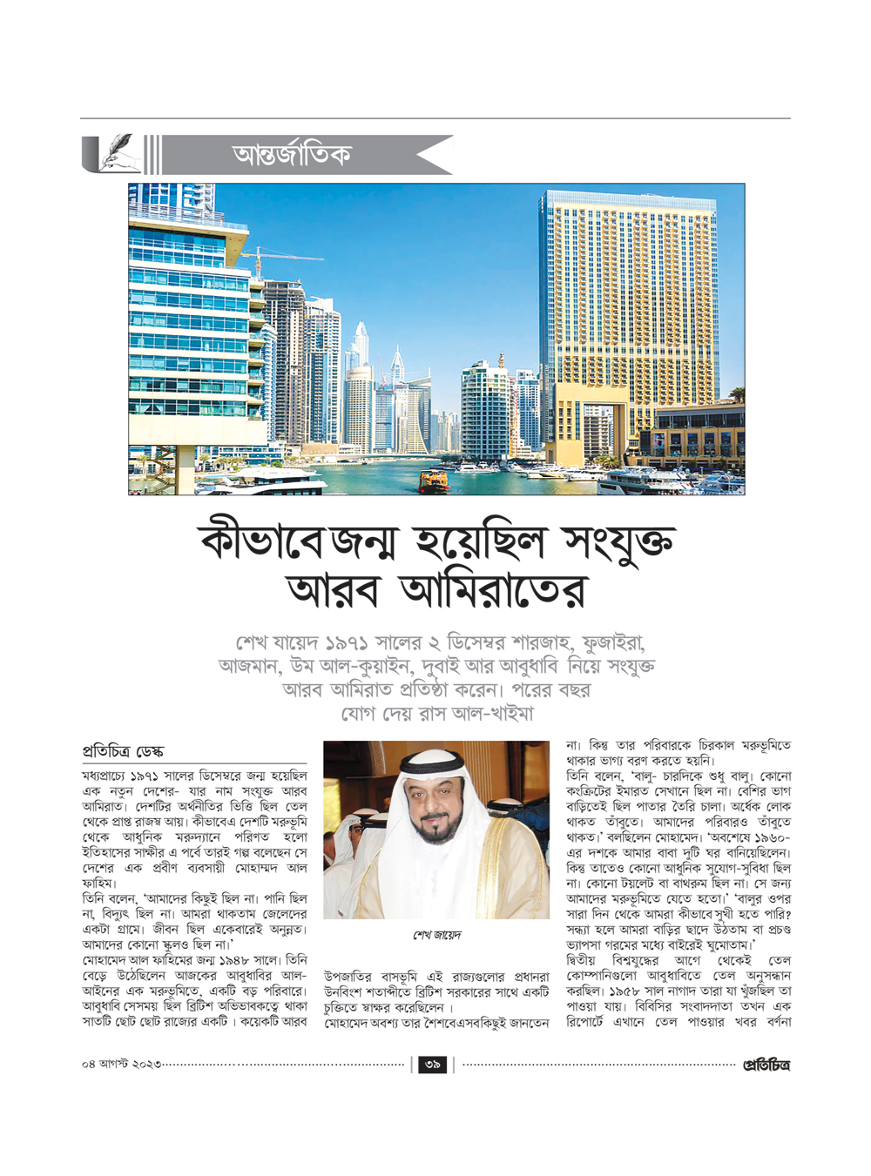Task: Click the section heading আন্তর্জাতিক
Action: [292, 155]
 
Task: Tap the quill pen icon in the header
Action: [114, 153]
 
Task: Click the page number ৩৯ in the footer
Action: [433, 1065]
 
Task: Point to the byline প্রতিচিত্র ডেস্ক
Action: [123, 751]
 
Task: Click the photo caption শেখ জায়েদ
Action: [436, 935]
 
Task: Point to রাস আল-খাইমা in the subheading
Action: [473, 714]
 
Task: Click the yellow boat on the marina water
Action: [434, 478]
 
